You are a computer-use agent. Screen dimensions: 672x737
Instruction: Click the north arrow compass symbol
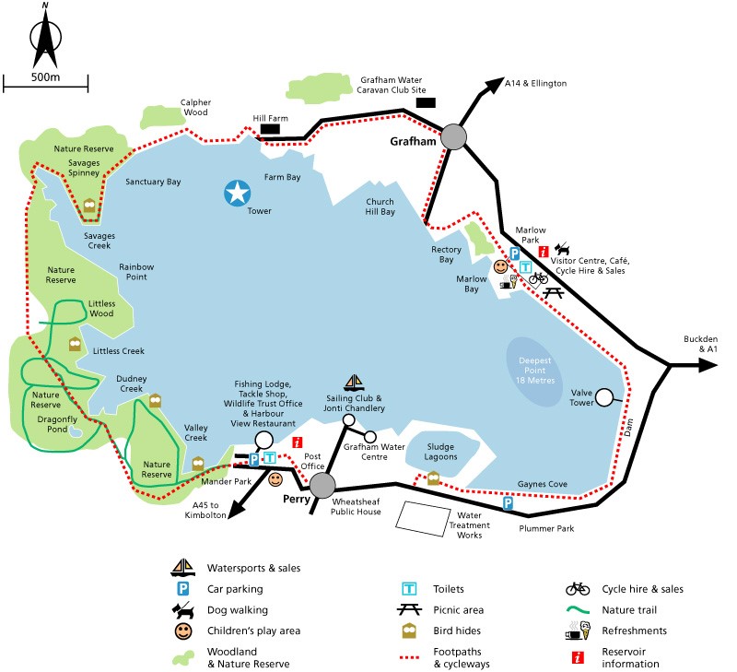pyautogui.click(x=44, y=38)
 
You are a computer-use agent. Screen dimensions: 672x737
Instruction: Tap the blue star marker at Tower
pyautogui.click(x=238, y=193)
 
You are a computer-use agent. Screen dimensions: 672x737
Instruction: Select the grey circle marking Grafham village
pyautogui.click(x=454, y=137)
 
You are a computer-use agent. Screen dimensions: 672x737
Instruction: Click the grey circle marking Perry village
pyautogui.click(x=322, y=486)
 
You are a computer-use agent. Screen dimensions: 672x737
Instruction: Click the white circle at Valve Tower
pyautogui.click(x=604, y=398)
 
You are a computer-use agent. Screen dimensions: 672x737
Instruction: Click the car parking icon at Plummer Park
pyautogui.click(x=509, y=503)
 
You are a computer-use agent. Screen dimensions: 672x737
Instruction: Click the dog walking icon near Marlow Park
pyautogui.click(x=562, y=250)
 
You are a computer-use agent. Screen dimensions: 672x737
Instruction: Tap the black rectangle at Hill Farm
pyautogui.click(x=270, y=130)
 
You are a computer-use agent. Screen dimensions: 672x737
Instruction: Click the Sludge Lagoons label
pyautogui.click(x=440, y=452)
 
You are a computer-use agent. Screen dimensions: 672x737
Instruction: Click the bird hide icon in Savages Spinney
pyautogui.click(x=89, y=206)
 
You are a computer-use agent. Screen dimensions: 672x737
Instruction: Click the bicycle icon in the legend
pyautogui.click(x=578, y=589)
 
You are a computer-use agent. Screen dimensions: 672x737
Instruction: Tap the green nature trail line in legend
pyautogui.click(x=578, y=610)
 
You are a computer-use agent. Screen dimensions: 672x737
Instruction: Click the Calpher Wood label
pyautogui.click(x=196, y=107)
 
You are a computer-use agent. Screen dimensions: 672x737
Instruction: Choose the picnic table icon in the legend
pyautogui.click(x=410, y=610)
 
